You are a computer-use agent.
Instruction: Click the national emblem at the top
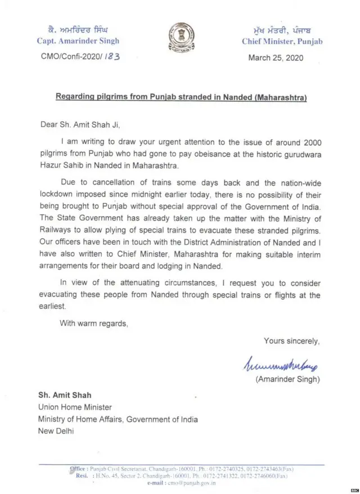click(x=180, y=40)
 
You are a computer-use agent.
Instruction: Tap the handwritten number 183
click(x=111, y=56)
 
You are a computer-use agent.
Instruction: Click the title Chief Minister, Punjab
click(x=282, y=41)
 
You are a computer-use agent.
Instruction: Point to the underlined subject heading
click(x=181, y=97)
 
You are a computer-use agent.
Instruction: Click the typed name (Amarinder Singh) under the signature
click(x=288, y=379)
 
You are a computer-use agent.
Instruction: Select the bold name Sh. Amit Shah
click(x=65, y=395)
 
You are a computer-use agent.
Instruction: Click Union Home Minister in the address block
click(x=75, y=407)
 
